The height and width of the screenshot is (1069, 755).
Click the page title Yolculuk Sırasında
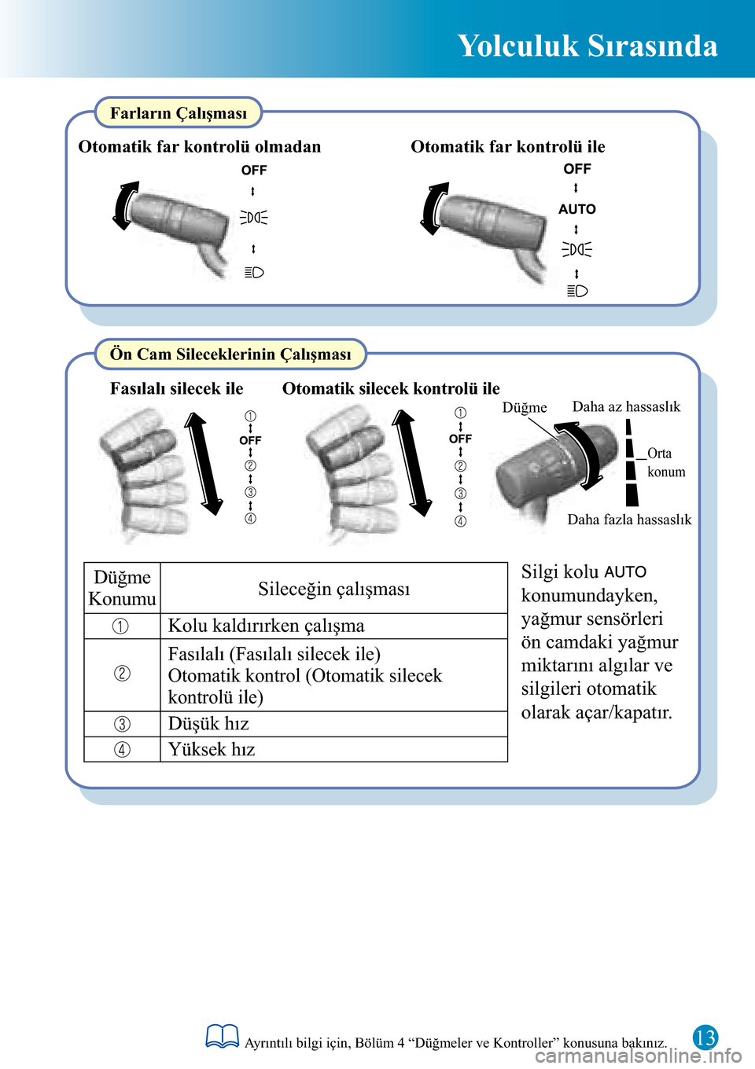click(x=587, y=46)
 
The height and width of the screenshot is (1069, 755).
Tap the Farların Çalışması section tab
click(x=179, y=113)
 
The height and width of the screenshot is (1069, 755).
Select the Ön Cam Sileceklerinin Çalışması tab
click(x=230, y=354)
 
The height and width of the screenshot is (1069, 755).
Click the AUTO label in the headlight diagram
click(x=577, y=209)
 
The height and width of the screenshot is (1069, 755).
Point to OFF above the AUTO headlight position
click(x=577, y=169)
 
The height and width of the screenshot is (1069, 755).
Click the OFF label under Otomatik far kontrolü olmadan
click(x=254, y=171)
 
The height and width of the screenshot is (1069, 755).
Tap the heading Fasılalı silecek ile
click(x=176, y=388)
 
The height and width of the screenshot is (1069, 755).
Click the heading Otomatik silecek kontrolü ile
click(x=391, y=388)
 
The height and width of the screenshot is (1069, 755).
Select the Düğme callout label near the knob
click(x=525, y=407)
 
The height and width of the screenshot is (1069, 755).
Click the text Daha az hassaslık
click(x=626, y=406)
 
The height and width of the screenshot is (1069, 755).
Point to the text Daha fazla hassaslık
click(x=629, y=520)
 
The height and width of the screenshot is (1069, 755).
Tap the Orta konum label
click(x=665, y=463)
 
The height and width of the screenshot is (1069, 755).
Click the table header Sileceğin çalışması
click(x=333, y=589)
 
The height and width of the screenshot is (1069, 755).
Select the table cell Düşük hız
click(x=208, y=724)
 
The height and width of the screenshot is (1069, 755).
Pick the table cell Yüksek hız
click(x=212, y=750)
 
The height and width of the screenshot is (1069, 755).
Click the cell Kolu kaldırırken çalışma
click(x=266, y=626)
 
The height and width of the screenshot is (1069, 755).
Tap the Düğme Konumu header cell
click(x=122, y=588)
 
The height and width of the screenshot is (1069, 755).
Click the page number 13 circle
click(x=705, y=1038)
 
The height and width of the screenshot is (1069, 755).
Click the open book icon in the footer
click(x=222, y=1037)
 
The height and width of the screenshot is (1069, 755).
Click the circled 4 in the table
click(x=122, y=750)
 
